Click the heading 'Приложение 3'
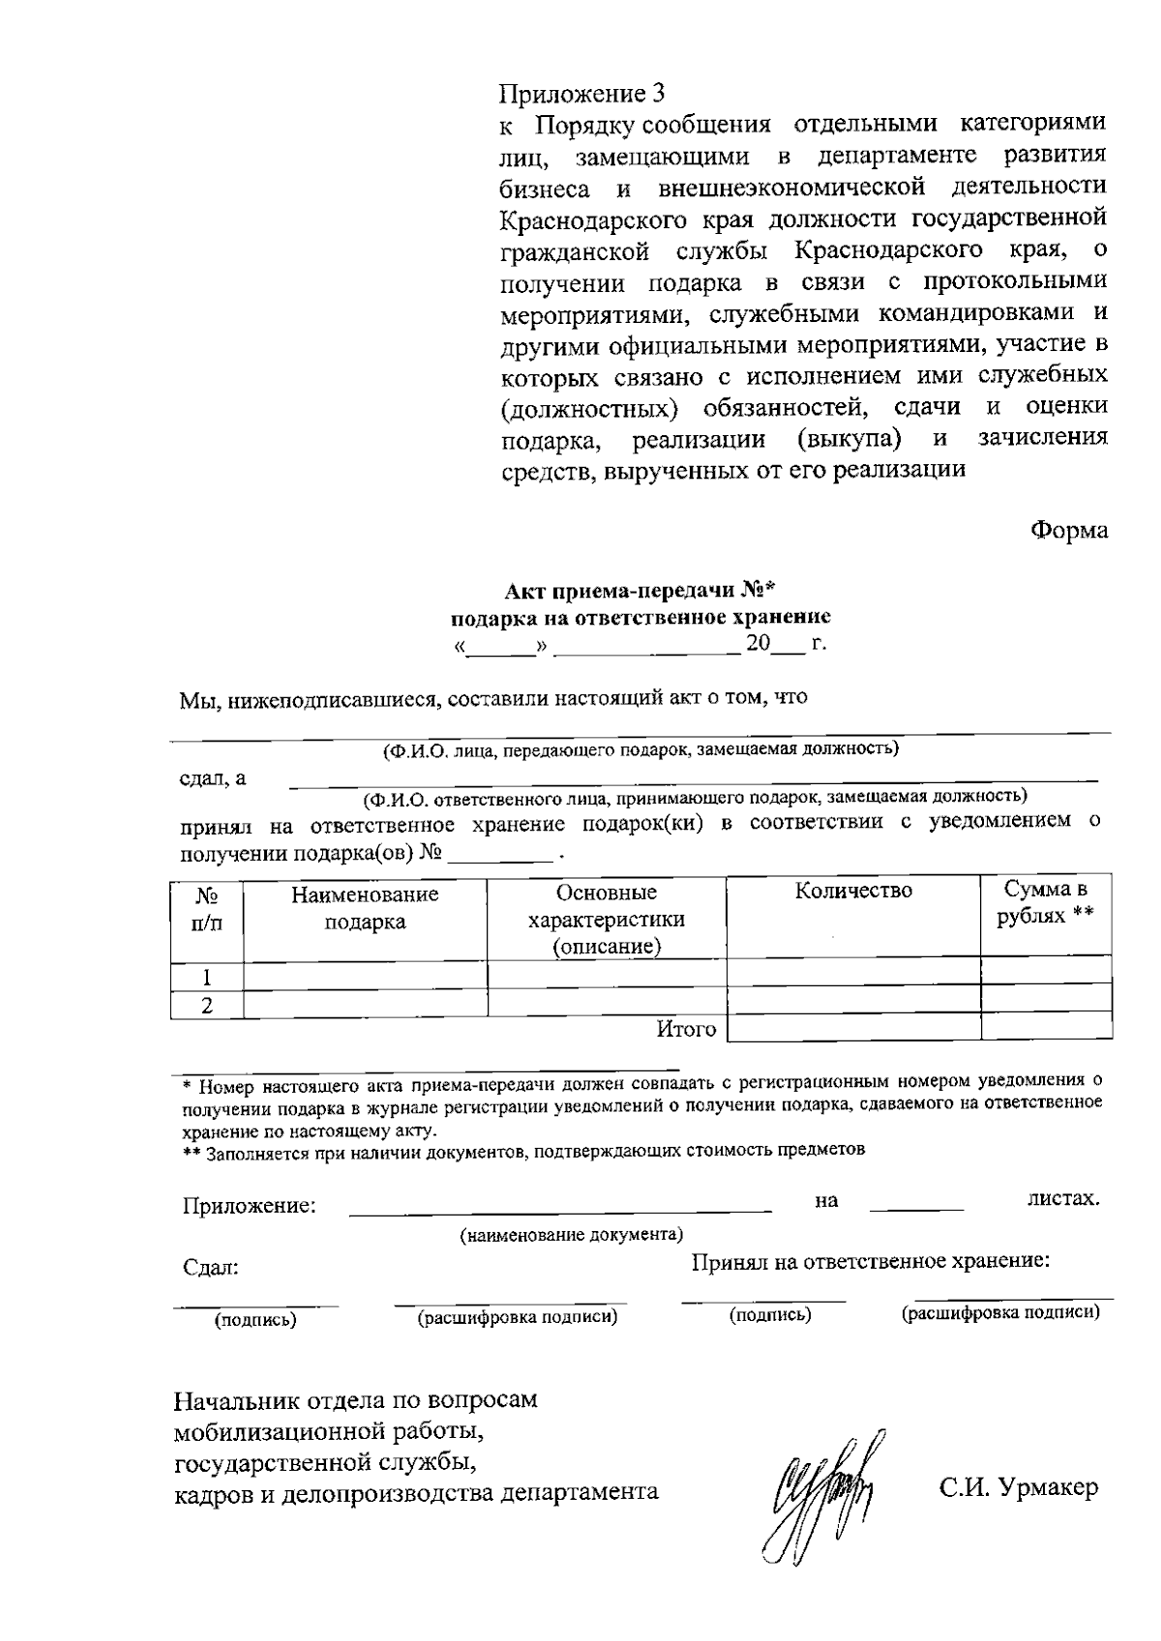pyautogui.click(x=582, y=94)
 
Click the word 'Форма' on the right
pyautogui.click(x=1068, y=530)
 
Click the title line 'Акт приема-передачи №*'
pyautogui.click(x=640, y=592)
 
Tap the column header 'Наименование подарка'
pyautogui.click(x=365, y=908)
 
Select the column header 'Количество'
pyautogui.click(x=853, y=891)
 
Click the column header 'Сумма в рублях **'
pyautogui.click(x=1045, y=901)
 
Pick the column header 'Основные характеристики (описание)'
pyautogui.click(x=607, y=919)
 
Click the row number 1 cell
pyautogui.click(x=207, y=976)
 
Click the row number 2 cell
pyautogui.click(x=207, y=1005)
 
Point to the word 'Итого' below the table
pyautogui.click(x=686, y=1029)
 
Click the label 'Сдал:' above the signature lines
pyautogui.click(x=211, y=1268)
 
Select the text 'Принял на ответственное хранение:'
pyautogui.click(x=871, y=1261)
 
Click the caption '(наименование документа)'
pyautogui.click(x=571, y=1235)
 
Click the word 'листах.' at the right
pyautogui.click(x=1062, y=1199)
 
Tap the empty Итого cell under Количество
pyautogui.click(x=853, y=1027)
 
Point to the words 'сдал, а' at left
pyautogui.click(x=214, y=778)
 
